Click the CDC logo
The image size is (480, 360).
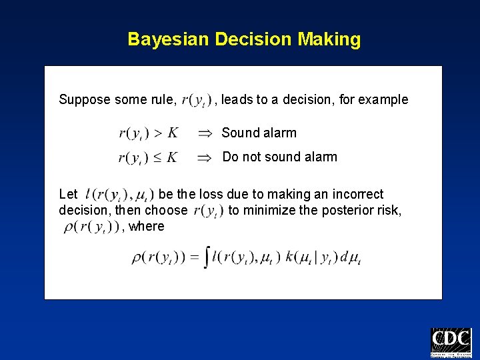click(451, 343)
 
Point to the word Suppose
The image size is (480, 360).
click(84, 100)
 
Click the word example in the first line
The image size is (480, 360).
click(384, 100)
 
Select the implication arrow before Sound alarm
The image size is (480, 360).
click(205, 133)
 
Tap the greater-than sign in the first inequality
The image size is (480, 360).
click(157, 133)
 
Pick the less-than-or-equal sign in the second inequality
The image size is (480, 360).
click(157, 157)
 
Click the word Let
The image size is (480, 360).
click(68, 194)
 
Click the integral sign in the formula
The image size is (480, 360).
click(207, 257)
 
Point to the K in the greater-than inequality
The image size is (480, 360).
click(172, 133)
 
